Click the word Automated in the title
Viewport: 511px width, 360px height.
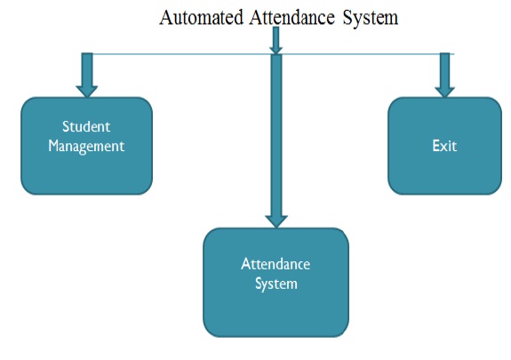(202, 17)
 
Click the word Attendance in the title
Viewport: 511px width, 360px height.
(292, 17)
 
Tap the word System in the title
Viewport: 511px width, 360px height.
(371, 18)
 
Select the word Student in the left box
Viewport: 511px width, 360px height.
(86, 126)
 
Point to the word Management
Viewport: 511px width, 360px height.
(86, 146)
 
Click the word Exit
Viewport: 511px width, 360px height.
(444, 146)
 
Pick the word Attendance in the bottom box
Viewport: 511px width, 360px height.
(275, 264)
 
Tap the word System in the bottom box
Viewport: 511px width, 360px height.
(276, 284)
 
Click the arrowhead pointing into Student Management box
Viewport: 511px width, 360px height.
(86, 92)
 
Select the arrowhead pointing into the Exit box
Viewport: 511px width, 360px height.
(445, 92)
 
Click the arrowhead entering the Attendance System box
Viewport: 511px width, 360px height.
(276, 221)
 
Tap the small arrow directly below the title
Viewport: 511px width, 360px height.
(275, 40)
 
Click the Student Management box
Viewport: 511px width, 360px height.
(87, 146)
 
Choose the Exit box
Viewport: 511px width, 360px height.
(445, 146)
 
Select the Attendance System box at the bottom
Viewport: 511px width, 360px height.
(276, 283)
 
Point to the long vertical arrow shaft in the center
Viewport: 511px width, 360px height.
(276, 135)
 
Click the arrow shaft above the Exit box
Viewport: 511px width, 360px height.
(445, 70)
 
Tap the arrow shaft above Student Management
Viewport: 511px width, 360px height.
(87, 69)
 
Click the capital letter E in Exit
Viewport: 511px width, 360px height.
(436, 146)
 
